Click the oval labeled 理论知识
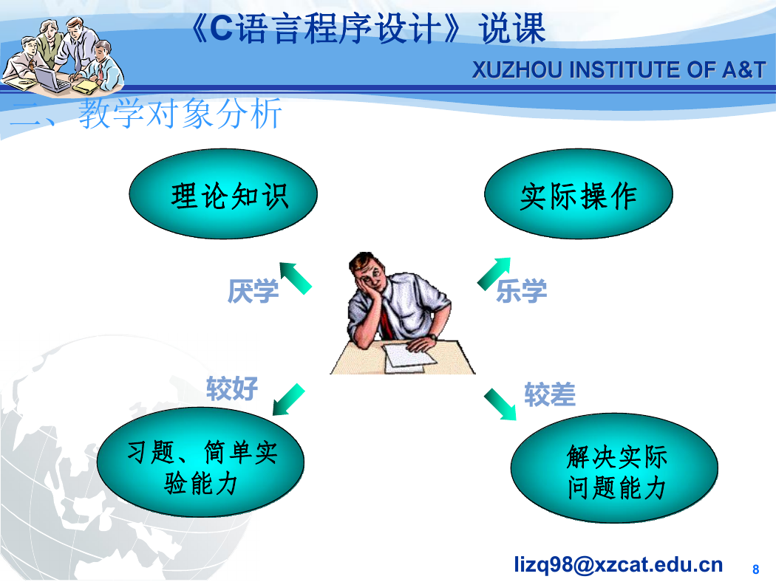click(223, 194)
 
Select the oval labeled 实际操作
click(579, 194)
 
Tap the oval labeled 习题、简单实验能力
click(200, 462)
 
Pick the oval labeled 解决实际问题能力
click(614, 468)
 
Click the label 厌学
click(253, 291)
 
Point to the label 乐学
click(521, 291)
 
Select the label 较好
click(232, 388)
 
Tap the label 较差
click(550, 394)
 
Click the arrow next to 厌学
click(296, 278)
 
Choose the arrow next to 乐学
click(494, 273)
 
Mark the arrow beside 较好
click(288, 400)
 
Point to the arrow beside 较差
click(500, 405)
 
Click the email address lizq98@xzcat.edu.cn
click(618, 564)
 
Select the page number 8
click(756, 569)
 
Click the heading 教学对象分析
click(180, 114)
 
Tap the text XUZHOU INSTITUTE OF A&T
click(619, 69)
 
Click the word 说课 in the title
click(512, 29)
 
